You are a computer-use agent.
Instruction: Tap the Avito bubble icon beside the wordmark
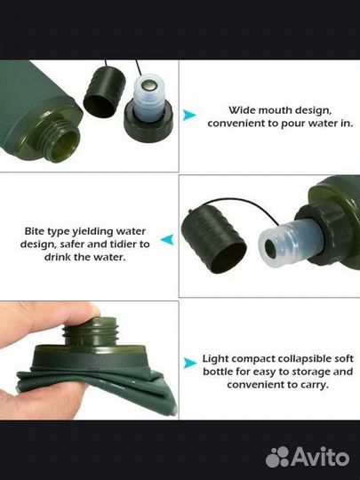pos(277,457)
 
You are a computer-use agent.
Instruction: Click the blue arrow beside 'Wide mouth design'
pos(189,115)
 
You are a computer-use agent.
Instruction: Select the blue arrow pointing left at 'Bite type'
pos(167,239)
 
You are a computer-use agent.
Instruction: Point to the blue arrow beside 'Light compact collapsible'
pos(190,363)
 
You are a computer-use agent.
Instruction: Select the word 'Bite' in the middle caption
pos(35,231)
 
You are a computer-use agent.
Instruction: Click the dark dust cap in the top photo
pos(104,92)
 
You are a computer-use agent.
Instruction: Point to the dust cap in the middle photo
pos(213,239)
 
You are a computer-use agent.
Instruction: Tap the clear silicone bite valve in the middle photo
pos(291,243)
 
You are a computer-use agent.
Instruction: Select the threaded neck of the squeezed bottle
pos(91,332)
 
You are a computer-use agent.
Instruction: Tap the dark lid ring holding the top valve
pos(148,123)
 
